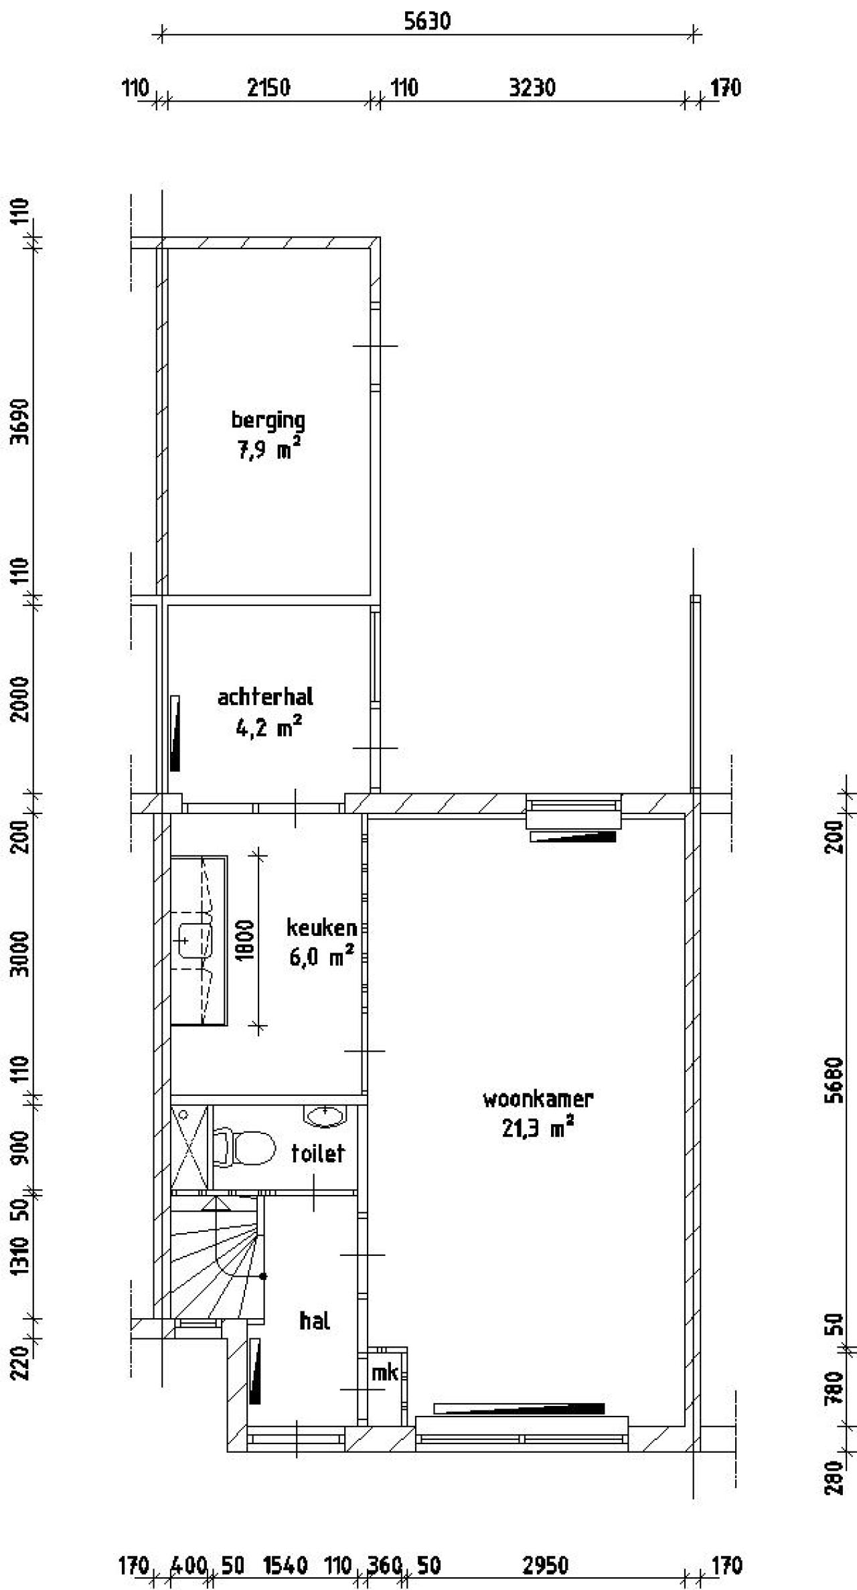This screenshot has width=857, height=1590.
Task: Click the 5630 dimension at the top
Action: coord(427,21)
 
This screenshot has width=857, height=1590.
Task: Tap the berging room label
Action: coord(268,421)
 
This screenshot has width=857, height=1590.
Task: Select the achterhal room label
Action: coord(265,697)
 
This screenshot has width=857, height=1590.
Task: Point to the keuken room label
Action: coord(321,927)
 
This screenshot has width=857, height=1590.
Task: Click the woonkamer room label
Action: coord(538,1099)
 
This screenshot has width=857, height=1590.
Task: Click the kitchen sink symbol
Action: coord(195,941)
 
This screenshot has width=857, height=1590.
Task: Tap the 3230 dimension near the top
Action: coord(532,88)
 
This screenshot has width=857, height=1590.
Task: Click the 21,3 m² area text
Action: coord(538,1129)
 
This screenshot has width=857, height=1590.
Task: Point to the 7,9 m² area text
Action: coord(268,450)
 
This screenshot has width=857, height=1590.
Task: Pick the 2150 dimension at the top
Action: coord(268,88)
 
